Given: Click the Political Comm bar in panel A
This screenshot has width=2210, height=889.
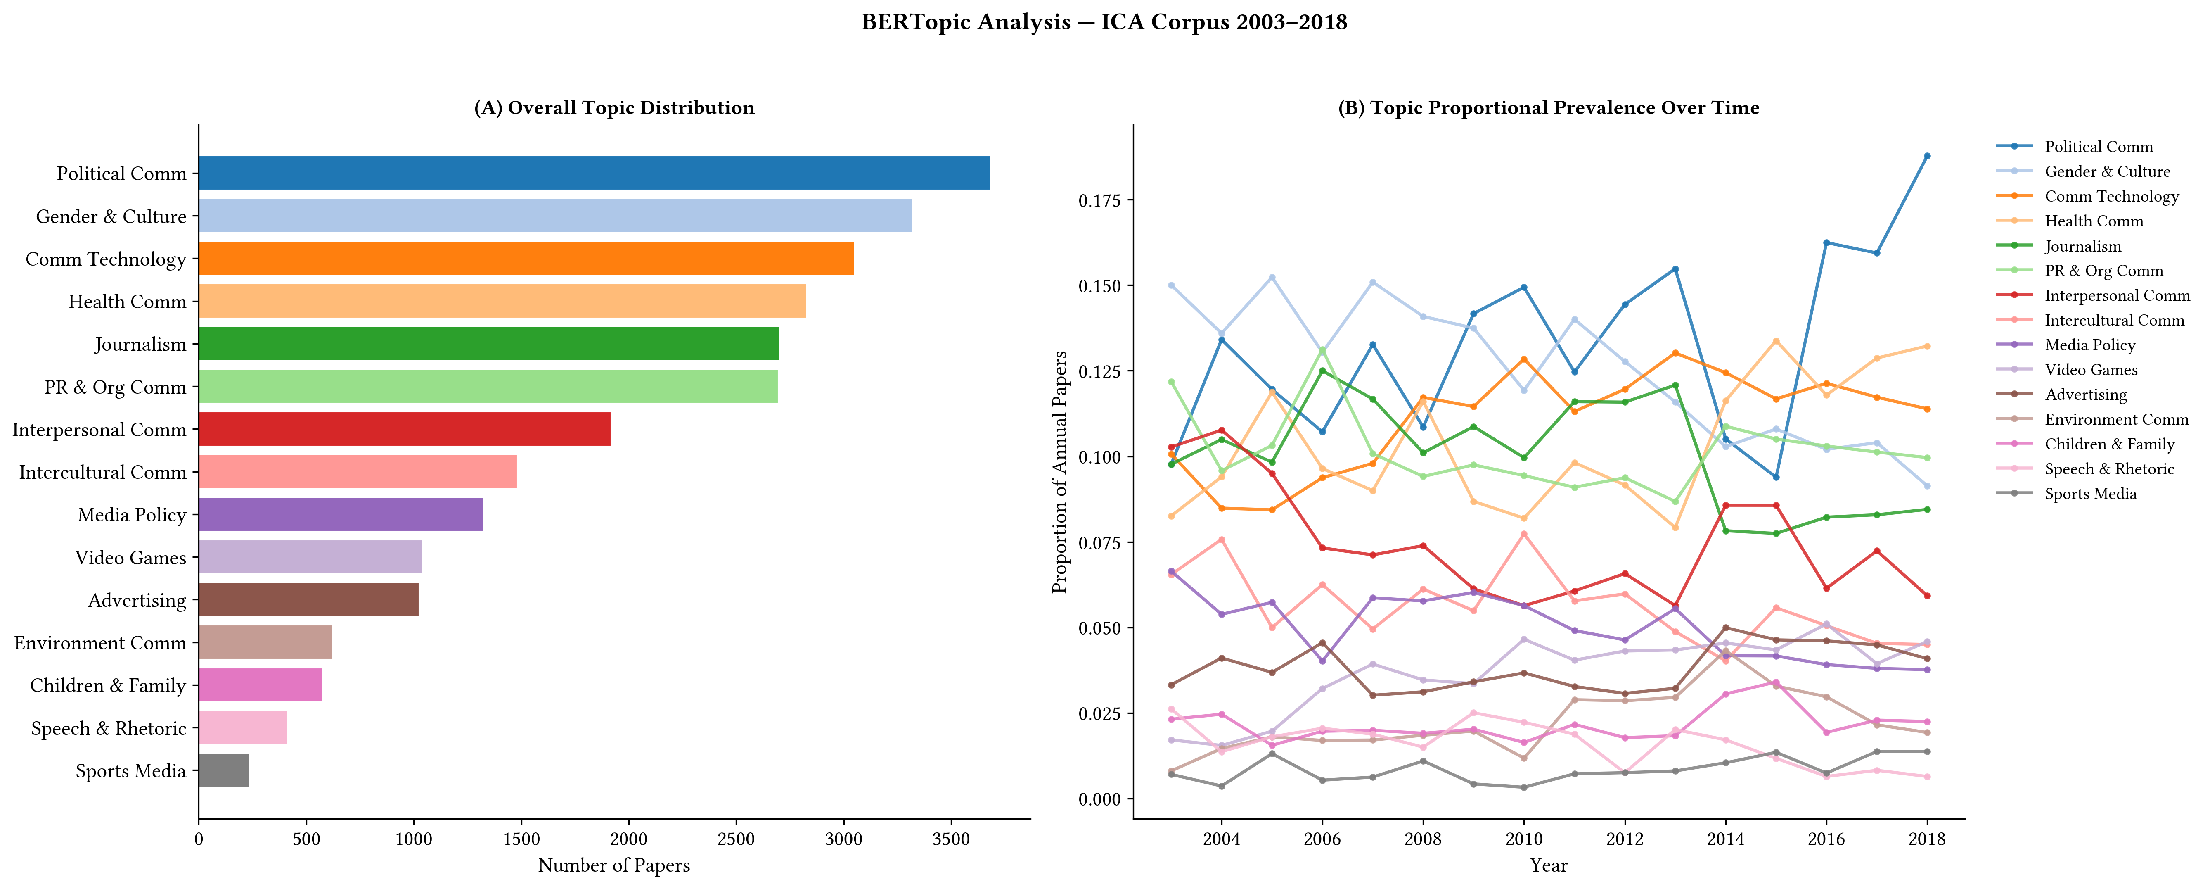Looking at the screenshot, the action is pos(595,173).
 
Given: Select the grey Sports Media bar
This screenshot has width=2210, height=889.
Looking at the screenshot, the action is pos(224,770).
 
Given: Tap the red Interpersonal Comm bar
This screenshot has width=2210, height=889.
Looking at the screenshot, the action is pos(405,429).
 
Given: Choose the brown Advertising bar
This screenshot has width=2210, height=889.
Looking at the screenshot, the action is pos(309,600).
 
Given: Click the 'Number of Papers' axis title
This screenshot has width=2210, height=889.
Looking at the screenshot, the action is pos(614,865).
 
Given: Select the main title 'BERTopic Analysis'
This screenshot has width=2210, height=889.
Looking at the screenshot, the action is pos(966,22).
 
